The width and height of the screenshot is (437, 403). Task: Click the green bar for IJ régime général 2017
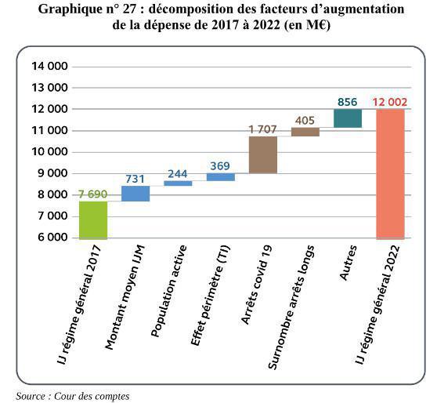pyautogui.click(x=93, y=220)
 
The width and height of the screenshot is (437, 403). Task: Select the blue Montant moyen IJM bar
pyautogui.click(x=135, y=194)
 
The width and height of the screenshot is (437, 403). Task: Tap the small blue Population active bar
pyautogui.click(x=178, y=183)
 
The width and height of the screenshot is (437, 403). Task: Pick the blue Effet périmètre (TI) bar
pyautogui.click(x=221, y=177)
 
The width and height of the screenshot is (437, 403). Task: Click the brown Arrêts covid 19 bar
pyautogui.click(x=263, y=154)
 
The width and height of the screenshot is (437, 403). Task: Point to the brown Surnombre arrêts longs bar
pyautogui.click(x=305, y=132)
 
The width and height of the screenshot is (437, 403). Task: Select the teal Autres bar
pyautogui.click(x=348, y=118)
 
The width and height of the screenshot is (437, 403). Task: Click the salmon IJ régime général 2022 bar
pyautogui.click(x=390, y=173)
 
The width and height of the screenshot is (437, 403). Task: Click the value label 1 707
pyautogui.click(x=263, y=129)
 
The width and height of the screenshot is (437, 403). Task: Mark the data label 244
pyautogui.click(x=178, y=173)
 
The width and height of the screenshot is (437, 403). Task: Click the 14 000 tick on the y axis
pyautogui.click(x=49, y=66)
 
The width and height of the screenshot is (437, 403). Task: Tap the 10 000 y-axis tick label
pyautogui.click(x=49, y=151)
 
